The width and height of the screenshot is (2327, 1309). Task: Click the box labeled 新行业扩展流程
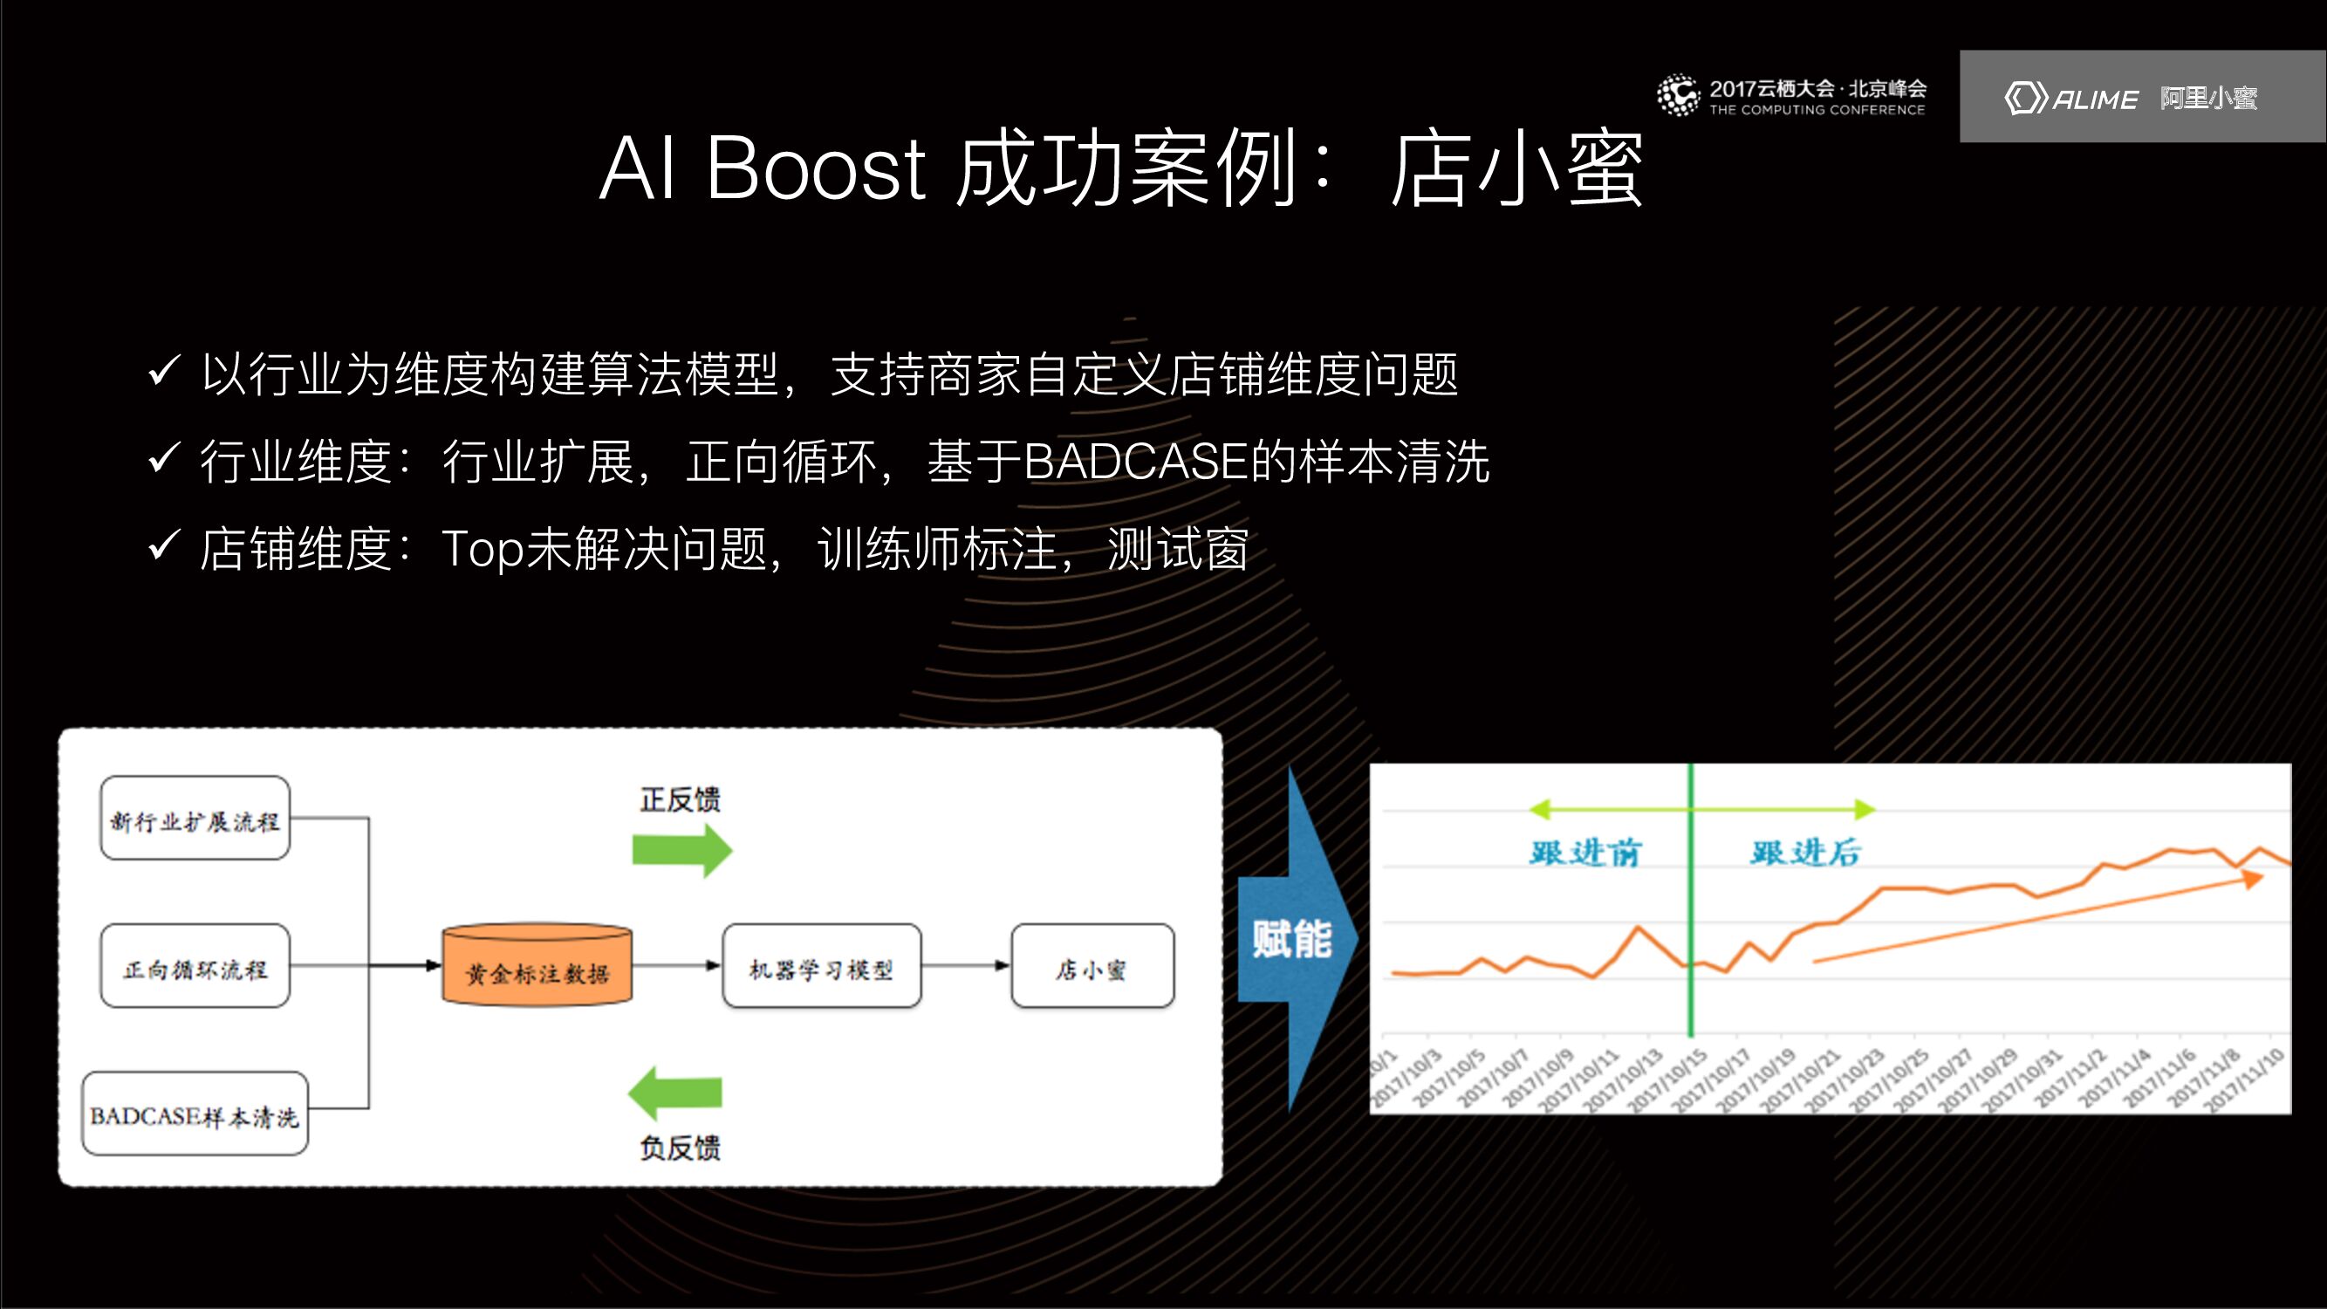[195, 819]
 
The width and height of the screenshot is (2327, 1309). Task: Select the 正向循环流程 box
[195, 966]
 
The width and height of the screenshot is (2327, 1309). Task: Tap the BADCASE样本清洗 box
[195, 1114]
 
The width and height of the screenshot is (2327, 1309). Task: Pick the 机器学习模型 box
[821, 966]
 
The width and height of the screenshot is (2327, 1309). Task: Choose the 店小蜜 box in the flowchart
[1092, 966]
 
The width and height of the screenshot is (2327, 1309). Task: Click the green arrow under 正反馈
[681, 850]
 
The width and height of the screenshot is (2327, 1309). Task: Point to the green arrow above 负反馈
[675, 1093]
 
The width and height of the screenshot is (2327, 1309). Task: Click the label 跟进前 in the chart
[1584, 853]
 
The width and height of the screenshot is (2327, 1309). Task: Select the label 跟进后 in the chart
[1805, 853]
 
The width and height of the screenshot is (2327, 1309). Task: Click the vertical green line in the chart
[1690, 903]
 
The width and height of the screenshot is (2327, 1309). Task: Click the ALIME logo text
[2094, 99]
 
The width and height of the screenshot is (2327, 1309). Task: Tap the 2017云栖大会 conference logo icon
[1679, 96]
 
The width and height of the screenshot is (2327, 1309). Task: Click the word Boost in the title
[815, 168]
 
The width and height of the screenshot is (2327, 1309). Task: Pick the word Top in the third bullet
[482, 548]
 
